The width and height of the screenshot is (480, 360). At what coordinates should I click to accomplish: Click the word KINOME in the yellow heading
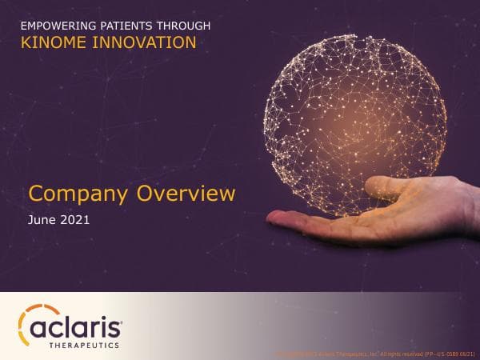[50, 42]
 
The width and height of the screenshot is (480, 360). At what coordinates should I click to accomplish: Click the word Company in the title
[78, 194]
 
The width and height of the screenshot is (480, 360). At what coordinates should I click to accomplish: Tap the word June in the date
[42, 218]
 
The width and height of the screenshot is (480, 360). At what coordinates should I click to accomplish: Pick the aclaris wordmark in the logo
[77, 328]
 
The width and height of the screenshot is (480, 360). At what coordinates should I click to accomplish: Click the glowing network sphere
[354, 121]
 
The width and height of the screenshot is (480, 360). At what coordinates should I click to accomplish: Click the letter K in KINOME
[24, 42]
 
